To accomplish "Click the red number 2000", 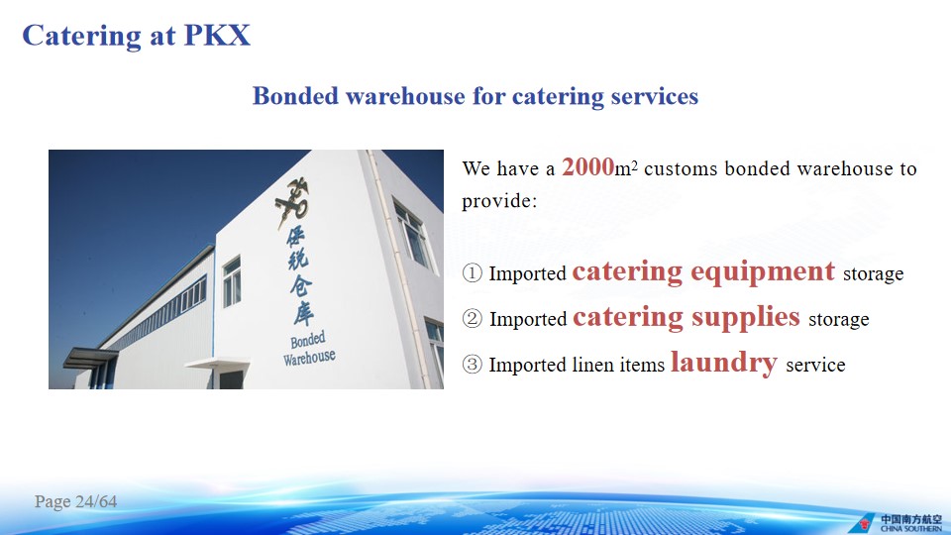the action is point(587,166).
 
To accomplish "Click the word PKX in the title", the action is point(217,36).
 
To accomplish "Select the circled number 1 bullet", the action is point(472,273).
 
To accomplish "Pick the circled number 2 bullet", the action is point(472,318).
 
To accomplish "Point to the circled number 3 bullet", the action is point(472,364).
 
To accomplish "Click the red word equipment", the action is point(763,272).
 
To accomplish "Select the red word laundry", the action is point(723,364).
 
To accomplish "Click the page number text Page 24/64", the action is point(76,501).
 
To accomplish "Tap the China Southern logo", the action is point(896,523).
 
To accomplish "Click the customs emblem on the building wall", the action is point(292,201).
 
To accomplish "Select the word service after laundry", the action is point(815,365).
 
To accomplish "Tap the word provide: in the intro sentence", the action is point(499,201).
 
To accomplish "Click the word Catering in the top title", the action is point(81,37).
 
